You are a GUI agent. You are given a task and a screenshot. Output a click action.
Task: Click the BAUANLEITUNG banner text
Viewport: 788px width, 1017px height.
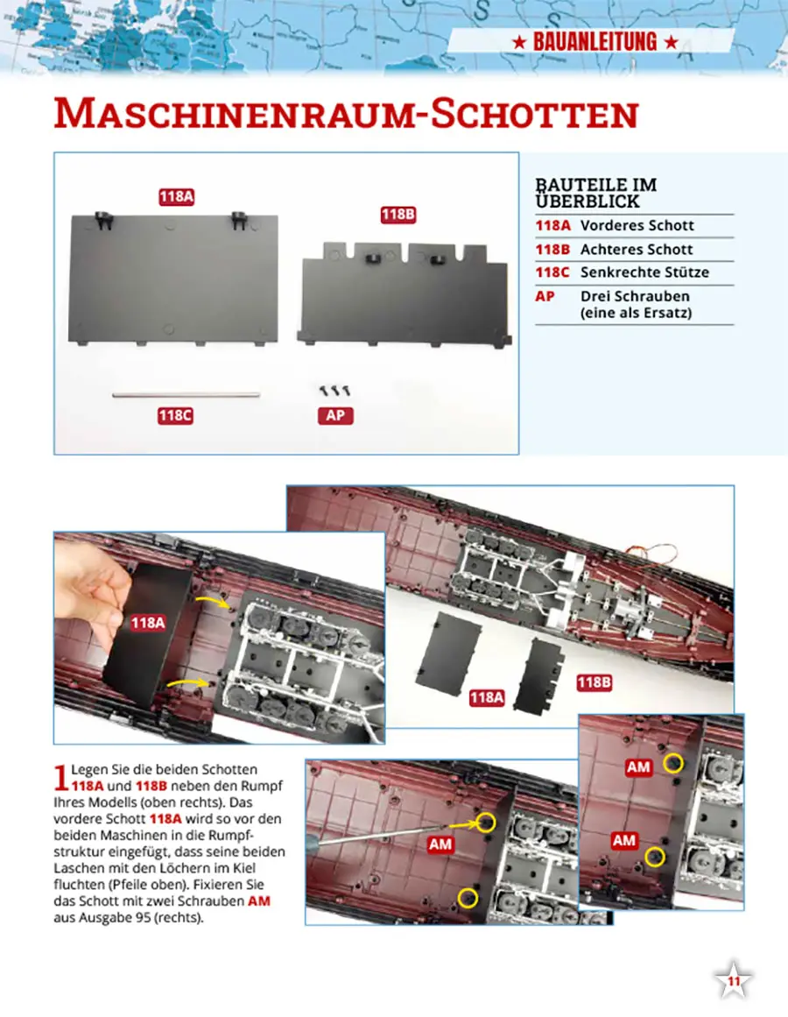595,42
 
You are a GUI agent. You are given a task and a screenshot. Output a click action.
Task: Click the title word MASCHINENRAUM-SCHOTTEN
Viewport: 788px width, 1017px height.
346,114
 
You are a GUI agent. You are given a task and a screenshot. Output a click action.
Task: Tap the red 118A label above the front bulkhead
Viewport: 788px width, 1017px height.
177,196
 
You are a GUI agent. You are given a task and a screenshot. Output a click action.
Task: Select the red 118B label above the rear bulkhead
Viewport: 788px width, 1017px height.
398,215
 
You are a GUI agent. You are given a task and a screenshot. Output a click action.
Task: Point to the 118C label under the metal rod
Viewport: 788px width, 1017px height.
175,416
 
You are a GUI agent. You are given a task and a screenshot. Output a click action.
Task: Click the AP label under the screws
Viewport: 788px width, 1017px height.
335,416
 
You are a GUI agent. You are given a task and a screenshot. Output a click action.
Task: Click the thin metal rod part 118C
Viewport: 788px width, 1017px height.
186,394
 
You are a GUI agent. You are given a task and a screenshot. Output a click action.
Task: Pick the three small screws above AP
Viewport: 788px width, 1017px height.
334,391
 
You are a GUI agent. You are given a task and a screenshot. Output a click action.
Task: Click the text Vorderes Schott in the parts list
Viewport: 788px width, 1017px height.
637,226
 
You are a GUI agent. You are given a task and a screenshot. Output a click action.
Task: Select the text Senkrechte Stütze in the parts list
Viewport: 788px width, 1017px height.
644,272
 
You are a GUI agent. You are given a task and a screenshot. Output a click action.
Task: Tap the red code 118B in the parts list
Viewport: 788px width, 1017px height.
552,250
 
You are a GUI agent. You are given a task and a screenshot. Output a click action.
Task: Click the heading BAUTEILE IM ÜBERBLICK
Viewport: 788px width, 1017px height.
596,194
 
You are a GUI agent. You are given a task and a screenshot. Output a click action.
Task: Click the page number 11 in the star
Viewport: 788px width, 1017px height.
734,981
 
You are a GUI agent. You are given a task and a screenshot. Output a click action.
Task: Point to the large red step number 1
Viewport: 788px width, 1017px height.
61,778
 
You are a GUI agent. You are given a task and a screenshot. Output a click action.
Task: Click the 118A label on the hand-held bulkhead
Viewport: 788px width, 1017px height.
148,624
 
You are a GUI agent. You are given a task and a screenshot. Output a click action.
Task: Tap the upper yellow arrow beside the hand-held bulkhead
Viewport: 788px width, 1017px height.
213,603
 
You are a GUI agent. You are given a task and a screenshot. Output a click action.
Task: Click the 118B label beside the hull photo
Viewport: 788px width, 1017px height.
594,682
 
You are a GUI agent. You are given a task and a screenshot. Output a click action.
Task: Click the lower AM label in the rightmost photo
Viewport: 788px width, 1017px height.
624,841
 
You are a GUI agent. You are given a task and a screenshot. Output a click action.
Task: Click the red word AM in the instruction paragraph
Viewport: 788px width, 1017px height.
258,901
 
